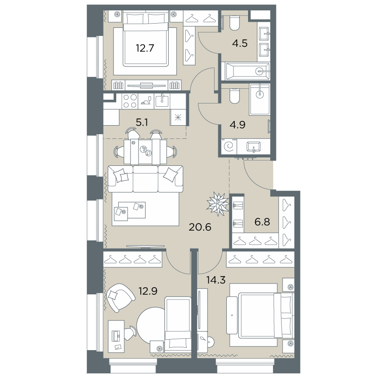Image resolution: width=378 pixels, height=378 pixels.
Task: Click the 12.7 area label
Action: click(145, 48)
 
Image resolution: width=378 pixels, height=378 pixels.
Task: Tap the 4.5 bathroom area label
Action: click(240, 43)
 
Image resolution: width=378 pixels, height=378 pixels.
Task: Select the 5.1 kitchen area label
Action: click(142, 122)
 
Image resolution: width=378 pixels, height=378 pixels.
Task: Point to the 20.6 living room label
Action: click(200, 227)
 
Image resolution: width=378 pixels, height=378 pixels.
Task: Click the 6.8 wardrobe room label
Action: click(262, 222)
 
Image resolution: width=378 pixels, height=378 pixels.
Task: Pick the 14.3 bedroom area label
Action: click(216, 280)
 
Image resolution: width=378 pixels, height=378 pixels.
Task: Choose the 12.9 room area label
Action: click(148, 291)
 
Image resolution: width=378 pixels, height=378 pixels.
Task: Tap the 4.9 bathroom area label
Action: click(238, 125)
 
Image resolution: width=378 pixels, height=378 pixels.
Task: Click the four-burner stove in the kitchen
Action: click(129, 101)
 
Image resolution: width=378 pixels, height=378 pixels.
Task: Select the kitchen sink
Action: click(162, 101)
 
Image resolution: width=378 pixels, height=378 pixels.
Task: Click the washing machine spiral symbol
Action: click(229, 146)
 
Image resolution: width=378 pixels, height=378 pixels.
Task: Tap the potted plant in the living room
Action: click(218, 204)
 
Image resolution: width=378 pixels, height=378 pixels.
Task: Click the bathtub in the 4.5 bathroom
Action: click(245, 71)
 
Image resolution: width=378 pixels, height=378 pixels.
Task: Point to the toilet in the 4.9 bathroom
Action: click(234, 96)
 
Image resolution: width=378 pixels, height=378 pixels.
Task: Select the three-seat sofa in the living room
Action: click(146, 179)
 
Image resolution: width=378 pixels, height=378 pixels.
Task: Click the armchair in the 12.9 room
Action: click(120, 298)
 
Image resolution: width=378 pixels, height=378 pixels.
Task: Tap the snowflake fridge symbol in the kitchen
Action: click(178, 117)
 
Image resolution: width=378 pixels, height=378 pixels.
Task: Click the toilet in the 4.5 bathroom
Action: click(234, 23)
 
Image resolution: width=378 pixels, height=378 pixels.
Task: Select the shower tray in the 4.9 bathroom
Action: click(260, 100)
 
